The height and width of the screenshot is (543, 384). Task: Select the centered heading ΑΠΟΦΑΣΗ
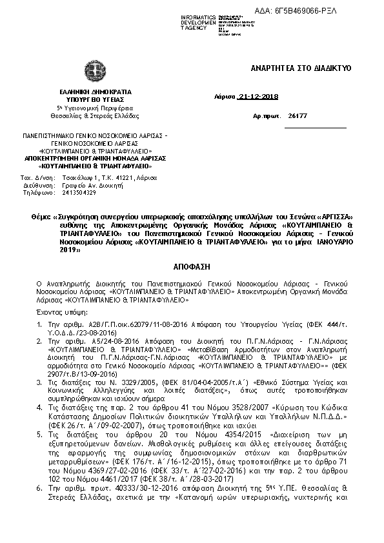[x=192, y=266]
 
